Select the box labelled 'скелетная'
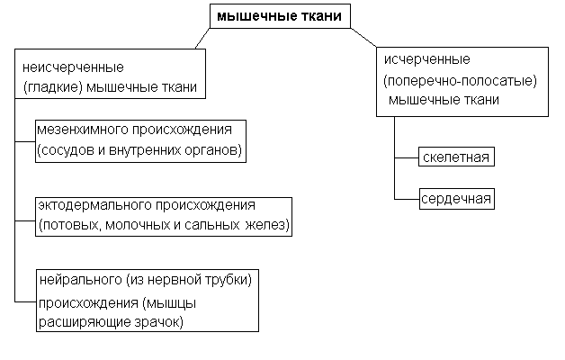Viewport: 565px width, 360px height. pyautogui.click(x=455, y=158)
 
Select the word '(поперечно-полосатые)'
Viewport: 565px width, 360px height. pyautogui.click(x=460, y=80)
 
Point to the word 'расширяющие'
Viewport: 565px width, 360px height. pyautogui.click(x=78, y=321)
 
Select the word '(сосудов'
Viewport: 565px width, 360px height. pyautogui.click(x=64, y=148)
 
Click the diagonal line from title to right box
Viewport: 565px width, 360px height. pyautogui.click(x=363, y=37)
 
